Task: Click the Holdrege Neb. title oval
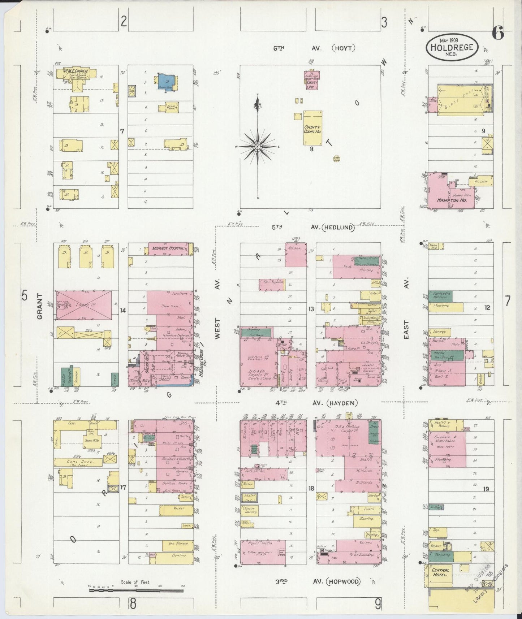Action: (452, 47)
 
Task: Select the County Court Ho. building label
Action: (312, 129)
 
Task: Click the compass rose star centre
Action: (257, 147)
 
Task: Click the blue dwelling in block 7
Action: (166, 82)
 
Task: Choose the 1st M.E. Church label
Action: (76, 71)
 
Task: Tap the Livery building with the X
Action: (84, 305)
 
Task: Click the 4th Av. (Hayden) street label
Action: (315, 403)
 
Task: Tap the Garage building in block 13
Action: (296, 254)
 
